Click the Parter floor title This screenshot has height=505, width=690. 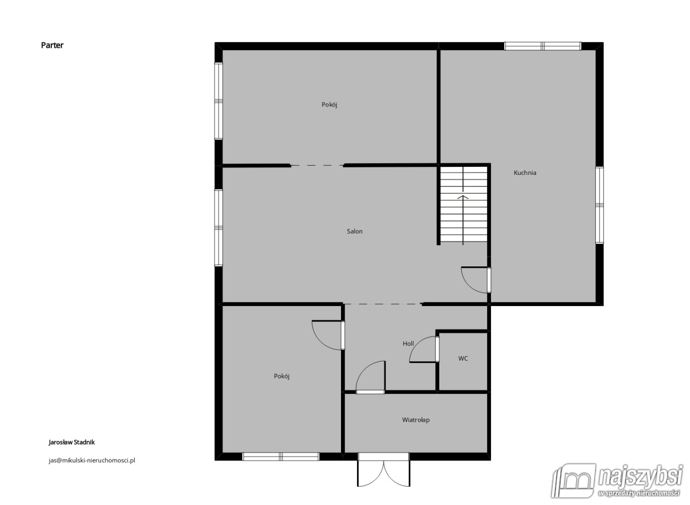[52, 45]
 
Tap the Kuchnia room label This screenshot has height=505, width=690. [525, 173]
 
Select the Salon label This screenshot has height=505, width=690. [355, 231]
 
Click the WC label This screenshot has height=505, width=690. [463, 358]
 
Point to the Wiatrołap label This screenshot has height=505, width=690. [416, 420]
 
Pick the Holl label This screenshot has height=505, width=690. [408, 343]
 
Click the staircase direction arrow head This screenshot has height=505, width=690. [463, 197]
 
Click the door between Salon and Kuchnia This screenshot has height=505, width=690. [476, 280]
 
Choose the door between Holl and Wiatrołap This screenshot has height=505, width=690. [370, 377]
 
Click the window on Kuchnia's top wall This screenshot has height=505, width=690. [542, 46]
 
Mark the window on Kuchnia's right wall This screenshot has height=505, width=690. [599, 205]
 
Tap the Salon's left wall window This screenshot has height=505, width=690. [218, 228]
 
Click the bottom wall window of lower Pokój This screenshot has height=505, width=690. [281, 457]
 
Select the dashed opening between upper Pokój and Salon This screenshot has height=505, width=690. [317, 166]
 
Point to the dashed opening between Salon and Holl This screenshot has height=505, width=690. [382, 304]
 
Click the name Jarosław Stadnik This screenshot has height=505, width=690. [72, 442]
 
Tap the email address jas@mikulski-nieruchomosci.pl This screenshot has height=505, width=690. [92, 460]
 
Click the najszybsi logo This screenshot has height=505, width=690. [616, 481]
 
